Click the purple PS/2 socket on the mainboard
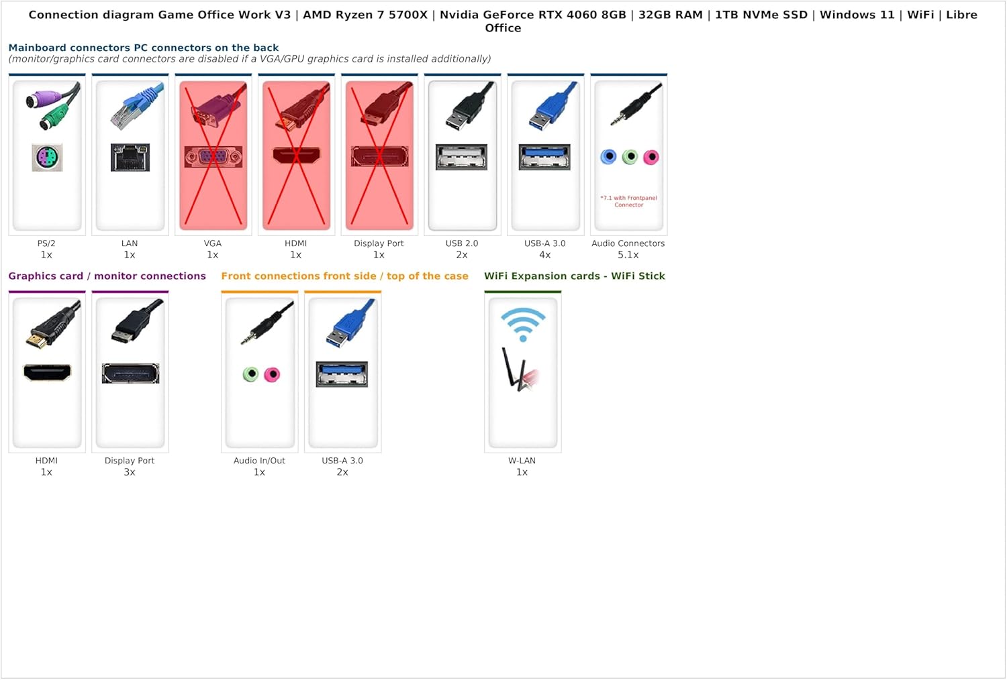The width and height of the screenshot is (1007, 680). (x=47, y=158)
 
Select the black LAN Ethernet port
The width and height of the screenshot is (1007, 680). (x=130, y=157)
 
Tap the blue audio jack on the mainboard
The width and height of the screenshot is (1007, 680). (x=609, y=157)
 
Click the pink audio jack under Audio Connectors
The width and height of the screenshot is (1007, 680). (x=651, y=157)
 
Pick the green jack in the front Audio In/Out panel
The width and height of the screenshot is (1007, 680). (x=251, y=374)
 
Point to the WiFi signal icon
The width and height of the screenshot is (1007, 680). (x=523, y=325)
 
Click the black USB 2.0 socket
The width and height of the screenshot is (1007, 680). (x=462, y=157)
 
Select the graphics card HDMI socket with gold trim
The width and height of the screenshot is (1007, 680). (x=47, y=372)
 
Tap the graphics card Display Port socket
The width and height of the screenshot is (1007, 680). (x=130, y=374)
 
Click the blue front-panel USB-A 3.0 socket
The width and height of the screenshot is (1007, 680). (x=342, y=374)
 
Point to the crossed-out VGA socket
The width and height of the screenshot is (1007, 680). (x=213, y=157)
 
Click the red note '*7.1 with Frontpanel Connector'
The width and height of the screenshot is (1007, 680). (x=629, y=201)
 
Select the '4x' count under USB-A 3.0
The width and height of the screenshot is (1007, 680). (x=545, y=255)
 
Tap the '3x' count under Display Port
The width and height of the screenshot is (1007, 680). (x=130, y=472)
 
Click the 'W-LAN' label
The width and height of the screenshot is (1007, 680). (x=522, y=460)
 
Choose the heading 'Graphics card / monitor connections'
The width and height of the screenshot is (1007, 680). (x=107, y=276)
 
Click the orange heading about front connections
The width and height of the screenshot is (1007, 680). (x=345, y=276)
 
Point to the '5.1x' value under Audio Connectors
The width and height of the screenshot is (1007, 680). (x=628, y=255)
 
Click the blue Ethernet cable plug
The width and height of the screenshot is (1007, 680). (x=137, y=107)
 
